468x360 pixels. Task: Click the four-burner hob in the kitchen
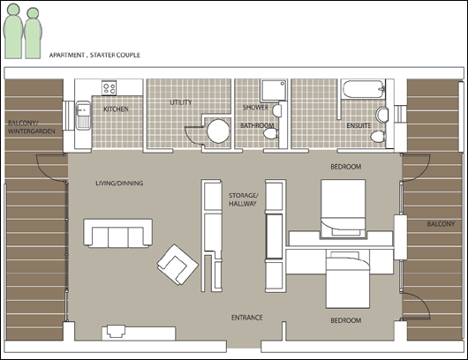(109, 88)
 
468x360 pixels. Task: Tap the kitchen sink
(83, 116)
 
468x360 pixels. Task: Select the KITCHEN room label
(116, 109)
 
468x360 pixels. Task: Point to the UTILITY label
(181, 102)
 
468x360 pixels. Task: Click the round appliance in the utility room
(218, 131)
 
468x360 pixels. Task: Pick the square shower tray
(274, 90)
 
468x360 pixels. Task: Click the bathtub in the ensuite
(363, 89)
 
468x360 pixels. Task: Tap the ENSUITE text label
(359, 125)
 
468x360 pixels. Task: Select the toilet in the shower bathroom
(271, 134)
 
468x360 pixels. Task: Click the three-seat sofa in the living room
(118, 233)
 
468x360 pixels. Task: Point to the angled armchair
(177, 265)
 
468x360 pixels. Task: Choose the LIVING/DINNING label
(119, 184)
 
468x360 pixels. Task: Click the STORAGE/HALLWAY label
(243, 199)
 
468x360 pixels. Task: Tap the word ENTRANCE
(247, 318)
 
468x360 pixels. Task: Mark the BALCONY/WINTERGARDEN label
(31, 127)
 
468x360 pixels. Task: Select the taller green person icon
(13, 31)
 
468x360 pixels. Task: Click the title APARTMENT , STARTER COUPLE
(94, 55)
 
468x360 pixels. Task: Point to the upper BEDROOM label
(345, 167)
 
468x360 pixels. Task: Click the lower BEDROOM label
(345, 320)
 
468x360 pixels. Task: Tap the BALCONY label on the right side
(441, 224)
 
